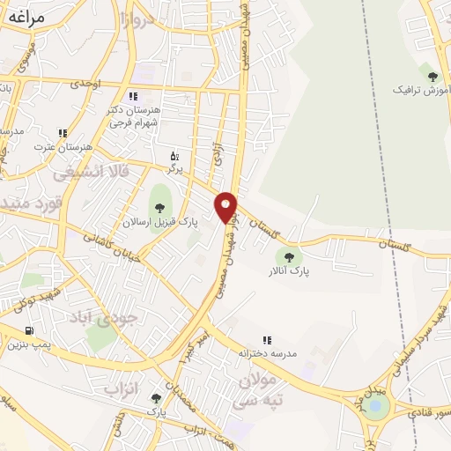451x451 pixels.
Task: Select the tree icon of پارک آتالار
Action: (x=286, y=256)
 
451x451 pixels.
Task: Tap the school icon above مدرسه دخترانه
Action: (x=266, y=340)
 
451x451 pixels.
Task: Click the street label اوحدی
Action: (x=111, y=84)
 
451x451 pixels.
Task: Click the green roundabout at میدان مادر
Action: (x=378, y=406)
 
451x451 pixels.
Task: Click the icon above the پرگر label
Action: (x=175, y=155)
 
